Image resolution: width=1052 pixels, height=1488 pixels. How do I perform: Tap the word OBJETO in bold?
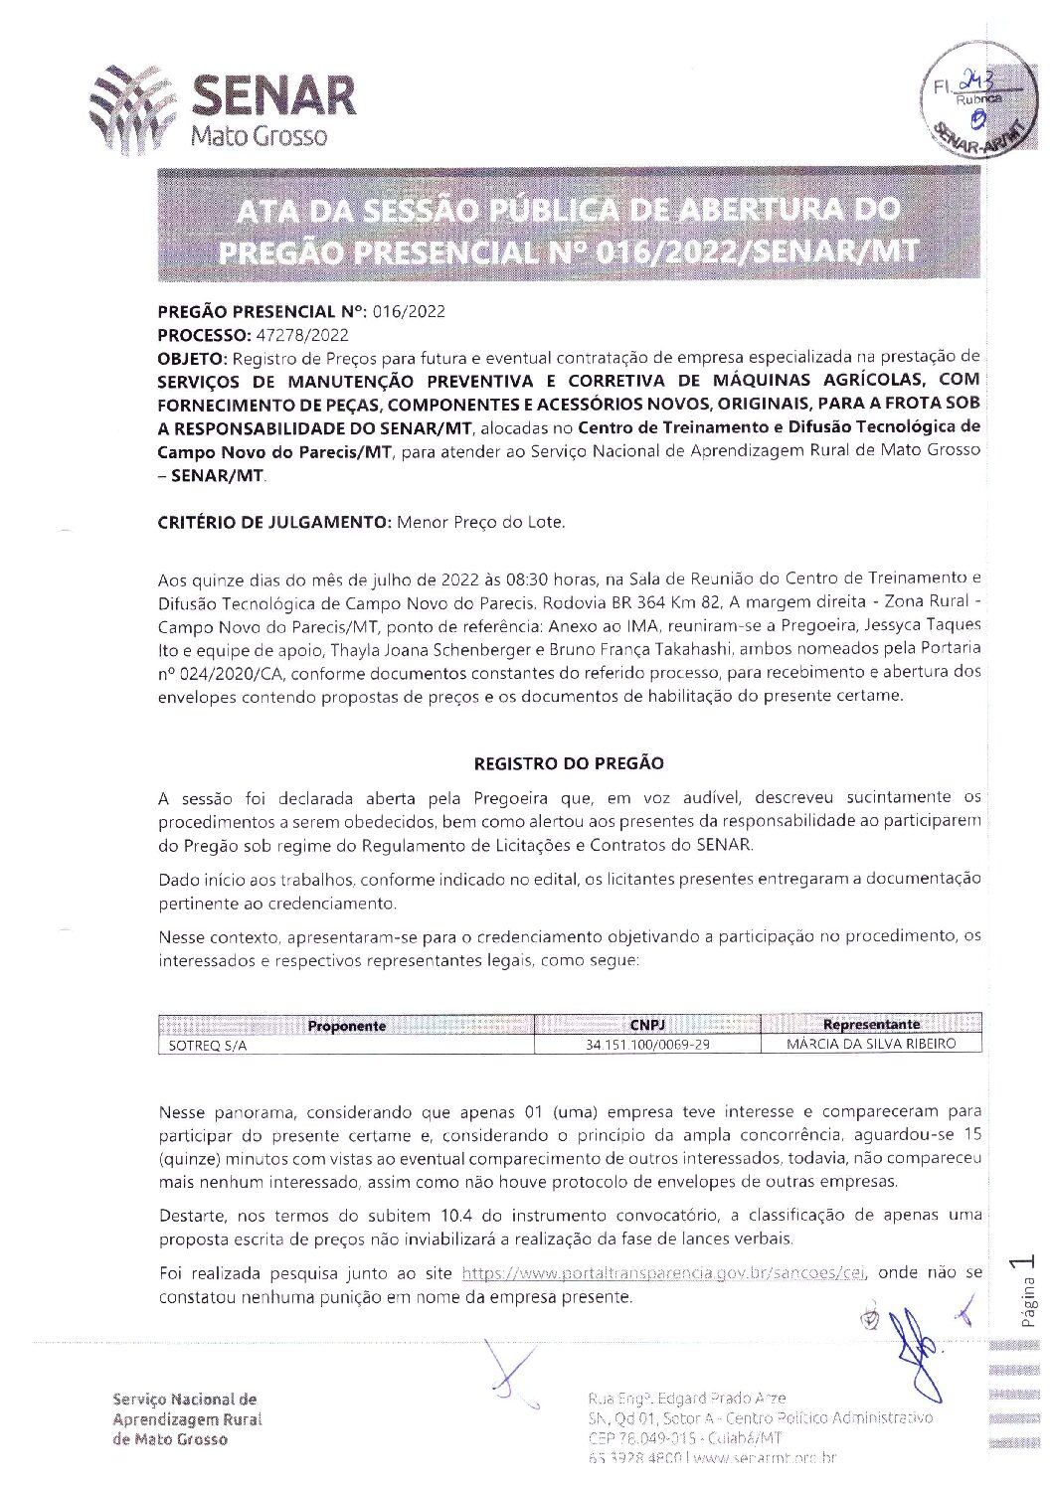point(192,357)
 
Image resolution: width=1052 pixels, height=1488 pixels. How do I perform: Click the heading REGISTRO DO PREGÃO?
point(569,763)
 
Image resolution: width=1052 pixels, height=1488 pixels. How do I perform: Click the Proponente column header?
point(346,1026)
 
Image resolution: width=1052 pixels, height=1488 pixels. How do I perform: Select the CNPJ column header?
point(647,1025)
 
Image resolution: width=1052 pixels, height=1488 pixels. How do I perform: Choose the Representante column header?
point(871,1025)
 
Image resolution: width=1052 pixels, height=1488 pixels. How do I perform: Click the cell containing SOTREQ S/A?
point(208,1046)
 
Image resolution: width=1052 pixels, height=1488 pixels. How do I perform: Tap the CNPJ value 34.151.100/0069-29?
point(647,1045)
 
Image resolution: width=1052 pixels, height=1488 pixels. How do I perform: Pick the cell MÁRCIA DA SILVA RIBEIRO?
point(871,1044)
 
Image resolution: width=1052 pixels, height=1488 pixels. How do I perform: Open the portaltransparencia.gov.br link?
point(663,1273)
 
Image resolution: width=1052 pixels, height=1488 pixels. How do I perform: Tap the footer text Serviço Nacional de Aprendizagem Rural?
point(187,1418)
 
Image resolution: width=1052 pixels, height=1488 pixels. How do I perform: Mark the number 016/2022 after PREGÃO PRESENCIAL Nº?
point(409,311)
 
